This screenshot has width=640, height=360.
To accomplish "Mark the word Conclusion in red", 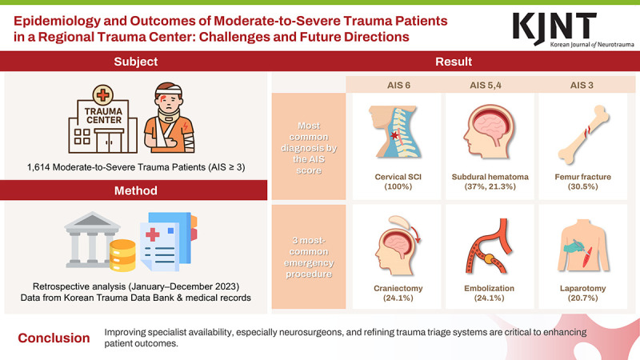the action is pos(54,338).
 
